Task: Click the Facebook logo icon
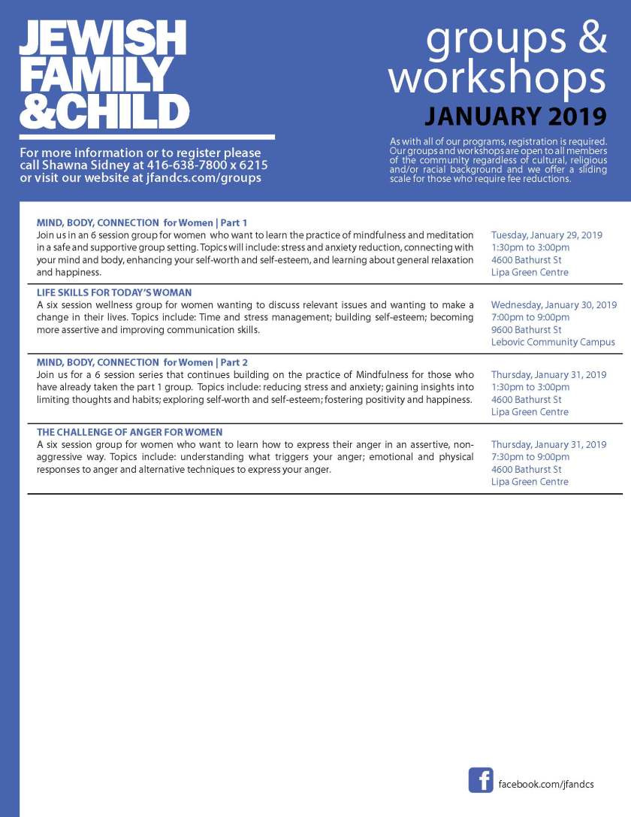[x=481, y=779]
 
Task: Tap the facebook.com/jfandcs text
[x=546, y=784]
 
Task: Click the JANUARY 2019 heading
[x=515, y=117]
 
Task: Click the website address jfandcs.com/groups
[x=204, y=178]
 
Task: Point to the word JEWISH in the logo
[x=103, y=38]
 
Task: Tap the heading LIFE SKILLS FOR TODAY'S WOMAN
[x=114, y=292]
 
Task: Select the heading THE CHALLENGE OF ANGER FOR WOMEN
[x=129, y=432]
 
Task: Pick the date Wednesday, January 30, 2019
[x=554, y=305]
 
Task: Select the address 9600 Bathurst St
[x=526, y=330]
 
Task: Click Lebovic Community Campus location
[x=553, y=342]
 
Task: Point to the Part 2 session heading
[x=142, y=362]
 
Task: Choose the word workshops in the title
[x=497, y=78]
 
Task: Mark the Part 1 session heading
[x=141, y=222]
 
